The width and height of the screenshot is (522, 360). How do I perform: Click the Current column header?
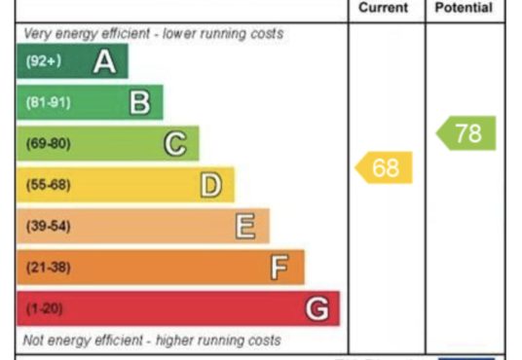pyautogui.click(x=383, y=8)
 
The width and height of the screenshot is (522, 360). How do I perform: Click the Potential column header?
pyautogui.click(x=464, y=8)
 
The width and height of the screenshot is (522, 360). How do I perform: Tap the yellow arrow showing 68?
pyautogui.click(x=384, y=167)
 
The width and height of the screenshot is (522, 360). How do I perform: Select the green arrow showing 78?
pyautogui.click(x=466, y=133)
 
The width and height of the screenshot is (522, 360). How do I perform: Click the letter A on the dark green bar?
pyautogui.click(x=104, y=61)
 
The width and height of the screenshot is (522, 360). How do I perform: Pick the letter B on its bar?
pyautogui.click(x=140, y=103)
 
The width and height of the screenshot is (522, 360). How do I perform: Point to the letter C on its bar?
pyautogui.click(x=175, y=144)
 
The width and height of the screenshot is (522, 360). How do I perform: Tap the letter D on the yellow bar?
pyautogui.click(x=211, y=185)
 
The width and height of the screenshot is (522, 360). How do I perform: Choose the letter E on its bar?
pyautogui.click(x=245, y=227)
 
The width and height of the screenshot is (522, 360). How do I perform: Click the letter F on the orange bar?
pyautogui.click(x=280, y=268)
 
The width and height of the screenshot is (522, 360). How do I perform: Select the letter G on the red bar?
pyautogui.click(x=317, y=308)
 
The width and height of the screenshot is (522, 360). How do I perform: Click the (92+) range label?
pyautogui.click(x=44, y=61)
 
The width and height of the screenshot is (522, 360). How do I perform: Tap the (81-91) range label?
pyautogui.click(x=49, y=102)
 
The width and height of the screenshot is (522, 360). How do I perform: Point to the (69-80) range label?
pyautogui.click(x=49, y=144)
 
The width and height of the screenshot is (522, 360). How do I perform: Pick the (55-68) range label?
pyautogui.click(x=49, y=185)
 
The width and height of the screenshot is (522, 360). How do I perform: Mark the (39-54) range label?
pyautogui.click(x=49, y=226)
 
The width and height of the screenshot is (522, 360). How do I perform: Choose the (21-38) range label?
pyautogui.click(x=49, y=268)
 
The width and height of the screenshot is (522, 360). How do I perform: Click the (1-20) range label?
pyautogui.click(x=44, y=308)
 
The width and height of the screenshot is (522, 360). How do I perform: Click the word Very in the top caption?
pyautogui.click(x=38, y=34)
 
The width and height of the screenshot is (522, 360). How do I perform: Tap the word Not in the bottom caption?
pyautogui.click(x=33, y=340)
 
